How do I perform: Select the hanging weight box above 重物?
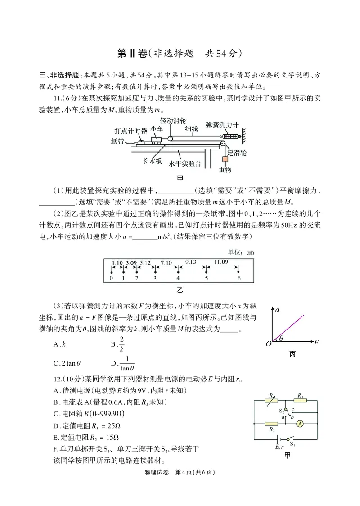[225, 160]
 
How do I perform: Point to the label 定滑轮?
[238, 153]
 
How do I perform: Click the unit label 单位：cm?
[242, 253]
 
